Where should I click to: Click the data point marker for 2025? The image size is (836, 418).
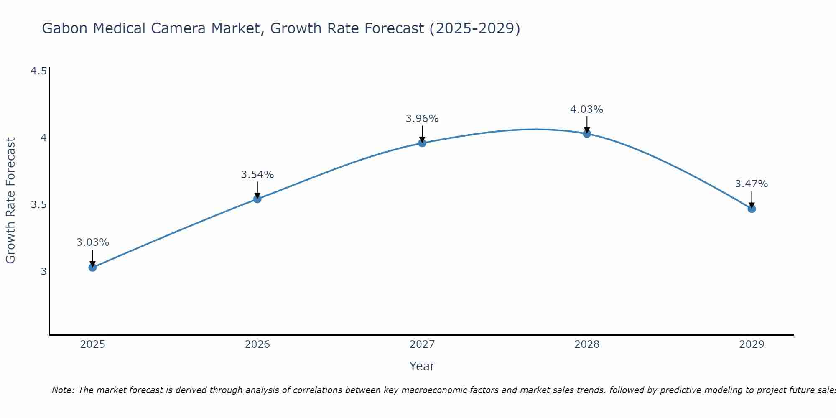pos(92,267)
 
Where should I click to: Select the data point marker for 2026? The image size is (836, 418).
pos(257,199)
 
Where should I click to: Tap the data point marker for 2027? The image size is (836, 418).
pos(422,143)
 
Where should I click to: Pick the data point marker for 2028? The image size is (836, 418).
pos(587,134)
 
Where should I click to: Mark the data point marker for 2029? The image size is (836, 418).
pos(752,209)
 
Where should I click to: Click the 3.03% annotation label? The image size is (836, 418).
pos(92,242)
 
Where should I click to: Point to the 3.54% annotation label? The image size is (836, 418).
pos(257,175)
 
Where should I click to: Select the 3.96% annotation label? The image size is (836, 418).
pos(422,119)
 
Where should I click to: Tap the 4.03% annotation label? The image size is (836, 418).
pos(587,110)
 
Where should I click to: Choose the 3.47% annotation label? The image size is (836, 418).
pos(752,184)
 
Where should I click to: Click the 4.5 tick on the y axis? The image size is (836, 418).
pos(38,71)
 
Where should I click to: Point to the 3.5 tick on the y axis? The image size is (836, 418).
pos(38,205)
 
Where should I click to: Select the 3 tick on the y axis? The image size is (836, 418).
pos(43,272)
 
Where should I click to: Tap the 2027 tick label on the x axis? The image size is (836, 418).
pos(422,344)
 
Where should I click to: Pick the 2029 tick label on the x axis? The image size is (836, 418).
pos(752,344)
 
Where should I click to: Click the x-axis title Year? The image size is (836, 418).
pos(422,366)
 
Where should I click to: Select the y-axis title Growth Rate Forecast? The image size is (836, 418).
pos(11,201)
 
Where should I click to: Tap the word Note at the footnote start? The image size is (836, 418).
pos(63,390)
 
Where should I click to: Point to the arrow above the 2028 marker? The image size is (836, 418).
pos(587,125)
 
